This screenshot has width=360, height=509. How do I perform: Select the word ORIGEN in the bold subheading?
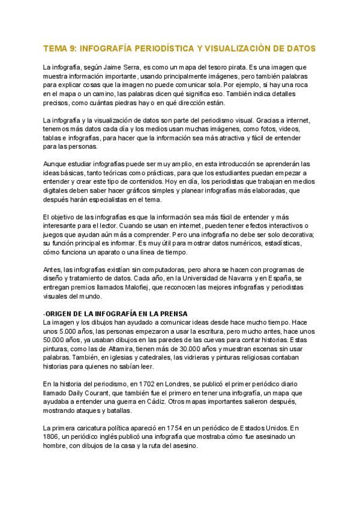tap(61, 314)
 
